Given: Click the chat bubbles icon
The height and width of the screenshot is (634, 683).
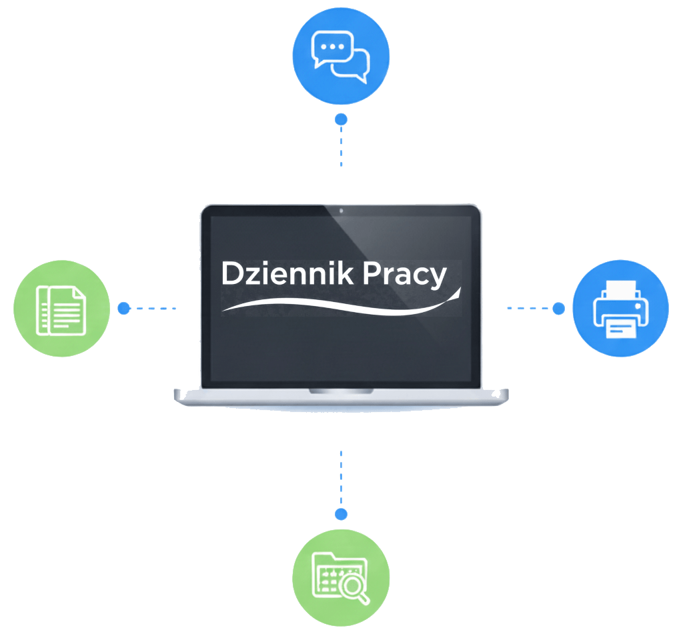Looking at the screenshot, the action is (x=341, y=56).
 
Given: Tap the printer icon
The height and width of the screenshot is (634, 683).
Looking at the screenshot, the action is (x=621, y=309).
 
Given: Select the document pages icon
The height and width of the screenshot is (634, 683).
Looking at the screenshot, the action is (x=61, y=311).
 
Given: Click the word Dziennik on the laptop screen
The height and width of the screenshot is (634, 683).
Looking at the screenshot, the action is (x=287, y=273).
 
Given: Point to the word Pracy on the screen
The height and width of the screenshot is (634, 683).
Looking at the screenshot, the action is (x=405, y=275).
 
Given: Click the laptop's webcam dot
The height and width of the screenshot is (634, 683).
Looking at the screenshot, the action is (x=341, y=211).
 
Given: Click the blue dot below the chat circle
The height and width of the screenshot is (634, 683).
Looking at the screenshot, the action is (x=341, y=119).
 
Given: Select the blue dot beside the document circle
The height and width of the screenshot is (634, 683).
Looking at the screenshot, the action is (x=124, y=308).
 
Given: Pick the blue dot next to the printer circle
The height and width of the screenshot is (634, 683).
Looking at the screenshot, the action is (x=559, y=308).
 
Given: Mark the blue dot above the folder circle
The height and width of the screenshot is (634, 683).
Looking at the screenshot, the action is (x=341, y=514).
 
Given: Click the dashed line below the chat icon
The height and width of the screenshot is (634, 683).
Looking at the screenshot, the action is (x=341, y=146).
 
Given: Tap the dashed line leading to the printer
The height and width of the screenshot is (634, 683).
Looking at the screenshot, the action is (x=529, y=308).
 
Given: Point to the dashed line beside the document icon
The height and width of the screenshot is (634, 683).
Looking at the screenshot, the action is (x=153, y=308).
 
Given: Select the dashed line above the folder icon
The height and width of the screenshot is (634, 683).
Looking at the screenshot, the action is (x=341, y=479).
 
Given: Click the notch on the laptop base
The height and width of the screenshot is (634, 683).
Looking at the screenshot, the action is (x=341, y=391).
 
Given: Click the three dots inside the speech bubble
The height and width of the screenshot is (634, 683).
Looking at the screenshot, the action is (x=332, y=47).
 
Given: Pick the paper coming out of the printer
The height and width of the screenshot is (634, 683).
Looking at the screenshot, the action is (x=621, y=328).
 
